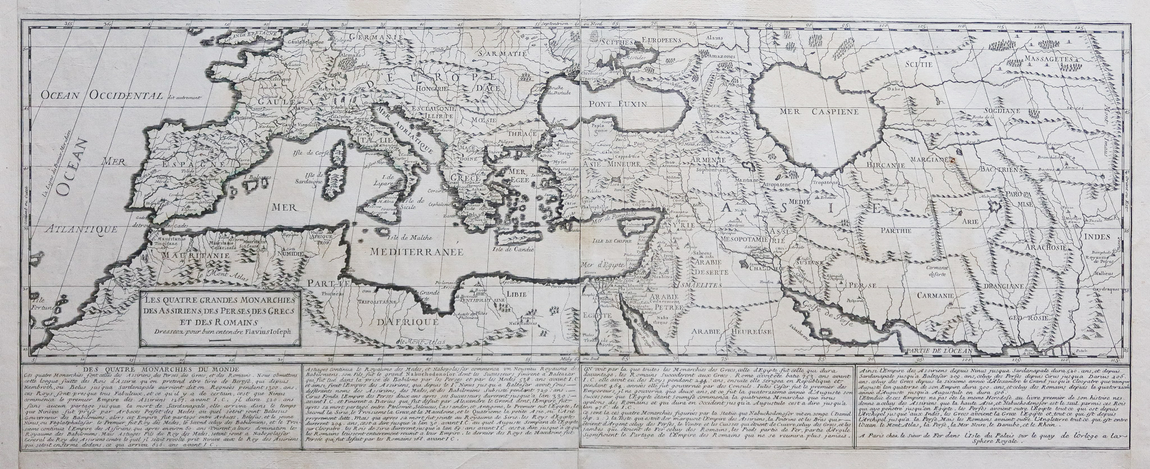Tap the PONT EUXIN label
(x=618, y=104)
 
